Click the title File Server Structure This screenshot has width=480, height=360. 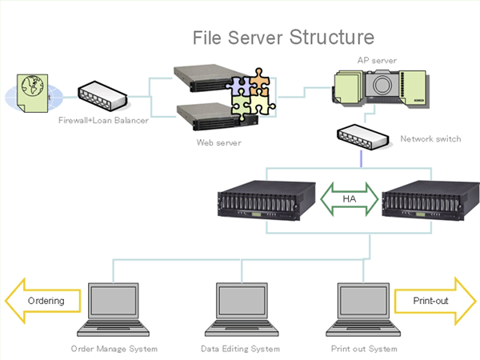283,38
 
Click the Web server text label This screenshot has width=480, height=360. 219,142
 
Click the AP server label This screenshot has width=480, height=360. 377,59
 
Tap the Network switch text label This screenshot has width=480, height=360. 430,139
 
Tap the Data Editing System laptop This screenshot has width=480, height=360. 239,309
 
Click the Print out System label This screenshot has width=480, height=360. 364,349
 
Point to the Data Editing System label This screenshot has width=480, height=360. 240,349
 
